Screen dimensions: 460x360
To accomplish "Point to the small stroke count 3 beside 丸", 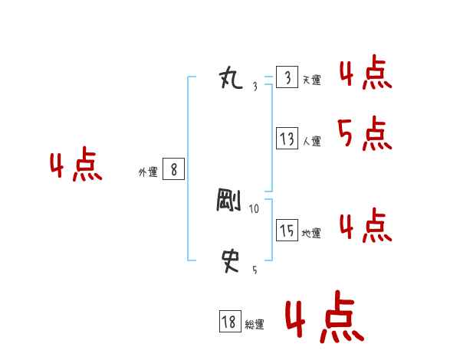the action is (255, 87).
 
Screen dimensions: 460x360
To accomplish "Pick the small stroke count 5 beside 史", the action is (255, 270).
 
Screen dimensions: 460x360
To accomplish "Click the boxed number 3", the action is (287, 78).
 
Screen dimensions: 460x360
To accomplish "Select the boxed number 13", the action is (287, 139).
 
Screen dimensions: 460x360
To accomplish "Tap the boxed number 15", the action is (287, 231).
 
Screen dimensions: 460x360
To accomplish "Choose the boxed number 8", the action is (173, 169).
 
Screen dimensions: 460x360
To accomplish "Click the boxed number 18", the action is (229, 322).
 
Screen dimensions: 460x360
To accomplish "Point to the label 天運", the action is (311, 80).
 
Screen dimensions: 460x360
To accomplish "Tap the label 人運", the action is (311, 142).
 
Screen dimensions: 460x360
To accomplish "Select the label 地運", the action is (311, 234).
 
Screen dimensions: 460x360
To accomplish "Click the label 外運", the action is (147, 172).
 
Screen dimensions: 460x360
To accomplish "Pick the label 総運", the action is (254, 326).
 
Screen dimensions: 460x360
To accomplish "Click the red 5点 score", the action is (364, 135).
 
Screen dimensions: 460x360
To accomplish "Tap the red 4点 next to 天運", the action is (364, 74).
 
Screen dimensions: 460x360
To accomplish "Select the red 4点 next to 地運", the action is (364, 226).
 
